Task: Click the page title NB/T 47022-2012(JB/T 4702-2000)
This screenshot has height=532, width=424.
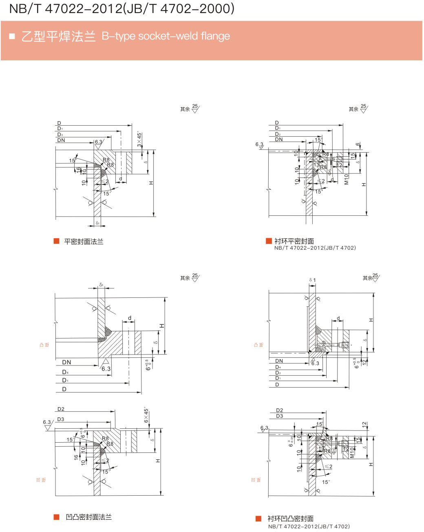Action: click(121, 9)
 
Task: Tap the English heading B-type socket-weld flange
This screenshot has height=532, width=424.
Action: click(166, 36)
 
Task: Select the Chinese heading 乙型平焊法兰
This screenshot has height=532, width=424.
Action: click(58, 36)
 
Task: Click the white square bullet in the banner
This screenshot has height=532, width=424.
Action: click(12, 36)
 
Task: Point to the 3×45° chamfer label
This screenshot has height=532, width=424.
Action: click(139, 140)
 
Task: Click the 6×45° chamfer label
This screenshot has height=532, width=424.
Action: click(146, 415)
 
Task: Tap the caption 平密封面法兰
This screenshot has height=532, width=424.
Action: click(84, 242)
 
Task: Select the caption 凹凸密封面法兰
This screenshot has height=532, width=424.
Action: click(88, 517)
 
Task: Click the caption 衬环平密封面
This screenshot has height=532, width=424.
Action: click(294, 241)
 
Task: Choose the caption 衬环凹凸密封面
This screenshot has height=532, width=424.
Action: click(290, 519)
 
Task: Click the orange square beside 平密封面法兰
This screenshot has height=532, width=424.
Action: click(57, 241)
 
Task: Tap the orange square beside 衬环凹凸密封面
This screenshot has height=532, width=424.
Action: click(258, 519)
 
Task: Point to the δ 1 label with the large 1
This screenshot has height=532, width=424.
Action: click(313, 280)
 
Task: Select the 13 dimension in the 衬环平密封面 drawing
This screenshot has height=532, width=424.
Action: click(316, 165)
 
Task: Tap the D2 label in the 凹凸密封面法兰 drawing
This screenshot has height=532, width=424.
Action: click(61, 409)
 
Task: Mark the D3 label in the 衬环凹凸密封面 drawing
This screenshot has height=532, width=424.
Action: click(279, 416)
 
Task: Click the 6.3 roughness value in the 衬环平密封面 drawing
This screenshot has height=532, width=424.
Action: click(259, 144)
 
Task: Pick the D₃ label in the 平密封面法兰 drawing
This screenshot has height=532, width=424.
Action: click(60, 135)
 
